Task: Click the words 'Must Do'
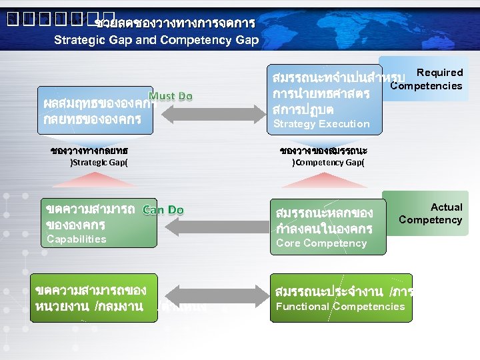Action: [x=171, y=97]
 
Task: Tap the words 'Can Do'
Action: [x=163, y=210]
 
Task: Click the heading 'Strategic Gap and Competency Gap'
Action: [x=157, y=39]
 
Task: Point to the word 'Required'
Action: [x=439, y=73]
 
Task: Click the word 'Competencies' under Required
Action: [x=426, y=85]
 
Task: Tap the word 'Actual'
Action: [x=446, y=207]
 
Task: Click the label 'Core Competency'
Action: [x=321, y=243]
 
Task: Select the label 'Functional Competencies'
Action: [x=340, y=307]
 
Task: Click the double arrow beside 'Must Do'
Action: [x=221, y=111]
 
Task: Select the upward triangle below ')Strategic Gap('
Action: [x=98, y=181]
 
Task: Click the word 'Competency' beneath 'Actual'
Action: [x=430, y=220]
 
